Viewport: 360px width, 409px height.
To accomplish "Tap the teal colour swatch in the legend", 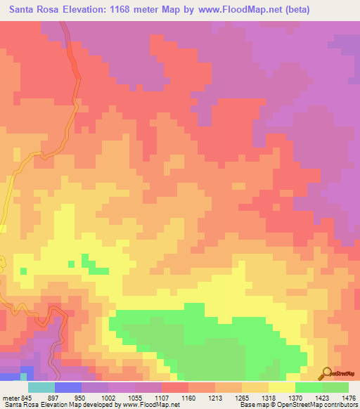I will (41, 387).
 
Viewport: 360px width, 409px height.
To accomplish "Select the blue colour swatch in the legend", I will (68, 387).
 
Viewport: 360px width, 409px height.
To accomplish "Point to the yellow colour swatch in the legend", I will (281, 387).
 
